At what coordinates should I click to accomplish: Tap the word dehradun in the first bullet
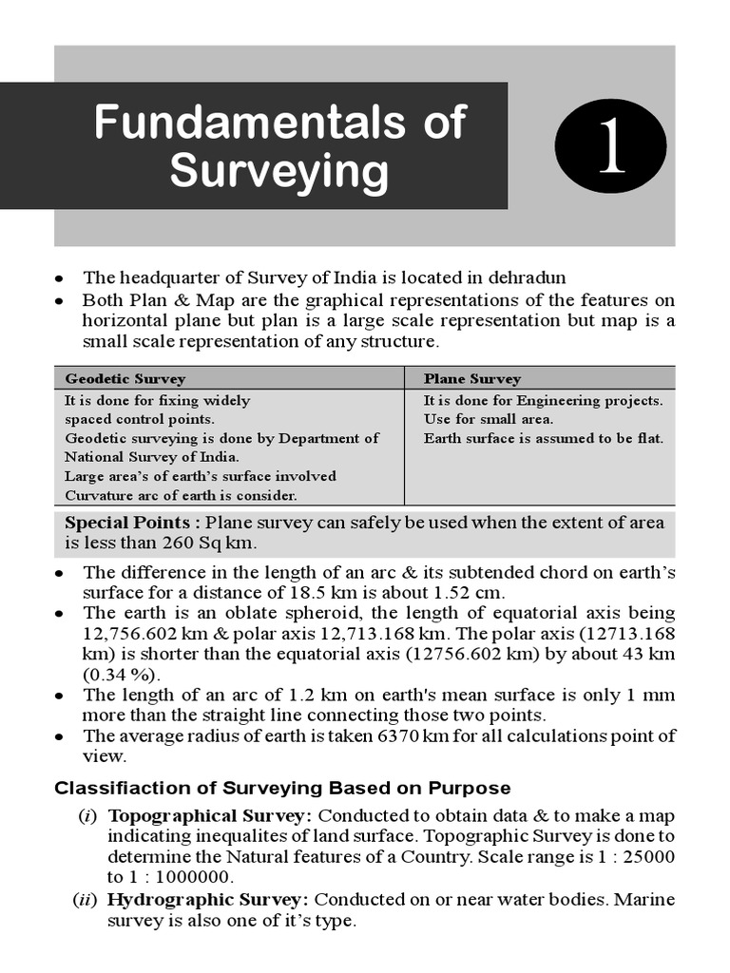[x=527, y=277]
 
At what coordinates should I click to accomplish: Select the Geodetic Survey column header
[x=125, y=378]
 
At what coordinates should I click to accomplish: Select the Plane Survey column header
[x=471, y=378]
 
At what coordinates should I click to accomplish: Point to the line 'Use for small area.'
[x=488, y=419]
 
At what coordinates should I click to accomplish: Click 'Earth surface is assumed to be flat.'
[x=543, y=438]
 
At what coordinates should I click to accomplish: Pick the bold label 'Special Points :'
[x=132, y=523]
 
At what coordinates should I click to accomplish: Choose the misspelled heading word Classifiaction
[x=112, y=788]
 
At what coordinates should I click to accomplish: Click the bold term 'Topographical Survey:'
[x=209, y=815]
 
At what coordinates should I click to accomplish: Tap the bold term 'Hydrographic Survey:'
[x=207, y=899]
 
